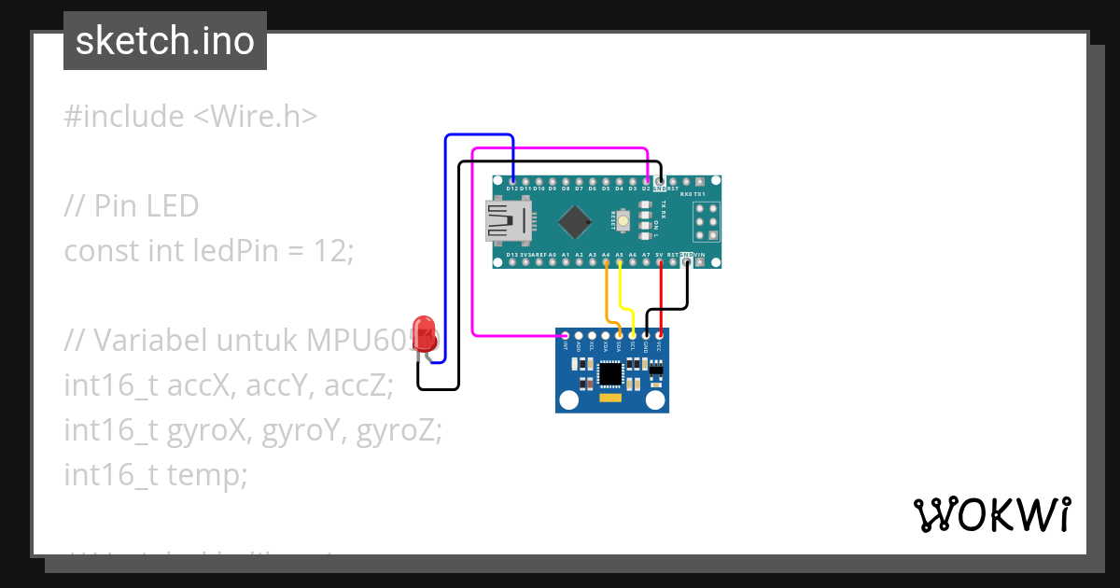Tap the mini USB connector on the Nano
510,221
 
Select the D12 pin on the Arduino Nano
512,180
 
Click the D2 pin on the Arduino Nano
646,180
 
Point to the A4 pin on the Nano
607,262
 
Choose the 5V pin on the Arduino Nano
660,262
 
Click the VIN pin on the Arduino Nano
700,262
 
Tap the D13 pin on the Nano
512,262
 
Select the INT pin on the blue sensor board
566,335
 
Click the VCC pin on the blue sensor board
660,335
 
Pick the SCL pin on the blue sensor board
633,335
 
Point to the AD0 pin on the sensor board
579,335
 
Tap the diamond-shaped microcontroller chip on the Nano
576,221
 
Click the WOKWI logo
991,514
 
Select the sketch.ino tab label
164,41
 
